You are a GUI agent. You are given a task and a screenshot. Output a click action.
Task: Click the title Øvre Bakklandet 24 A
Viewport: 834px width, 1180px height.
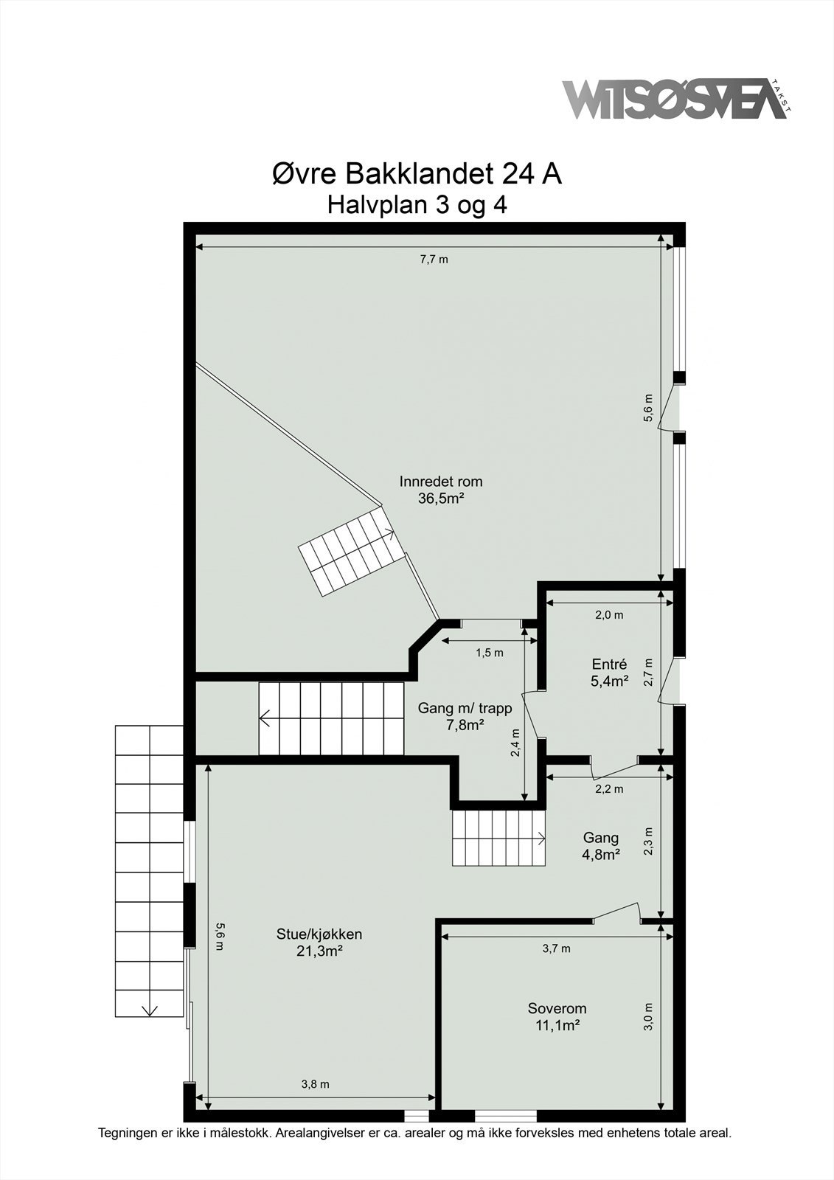pyautogui.click(x=417, y=174)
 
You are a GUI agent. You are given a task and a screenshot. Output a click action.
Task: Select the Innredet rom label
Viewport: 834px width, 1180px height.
pyautogui.click(x=441, y=482)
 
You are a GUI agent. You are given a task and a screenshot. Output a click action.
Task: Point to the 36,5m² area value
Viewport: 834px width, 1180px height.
pyautogui.click(x=440, y=499)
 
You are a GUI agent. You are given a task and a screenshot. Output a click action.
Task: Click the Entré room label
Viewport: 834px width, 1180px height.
pyautogui.click(x=609, y=664)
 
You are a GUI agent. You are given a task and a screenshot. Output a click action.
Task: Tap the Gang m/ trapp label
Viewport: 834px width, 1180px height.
pyautogui.click(x=465, y=708)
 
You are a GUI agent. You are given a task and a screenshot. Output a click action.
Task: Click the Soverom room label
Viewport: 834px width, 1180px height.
pyautogui.click(x=557, y=1008)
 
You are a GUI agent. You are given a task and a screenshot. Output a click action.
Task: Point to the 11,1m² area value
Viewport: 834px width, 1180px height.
pyautogui.click(x=557, y=1025)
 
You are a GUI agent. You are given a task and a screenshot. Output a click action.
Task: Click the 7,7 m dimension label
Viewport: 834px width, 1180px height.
pyautogui.click(x=434, y=259)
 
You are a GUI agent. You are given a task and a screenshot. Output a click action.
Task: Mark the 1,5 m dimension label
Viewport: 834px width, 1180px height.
pyautogui.click(x=490, y=653)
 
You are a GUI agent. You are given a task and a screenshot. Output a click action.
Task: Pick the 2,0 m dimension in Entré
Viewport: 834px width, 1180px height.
pyautogui.click(x=609, y=615)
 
